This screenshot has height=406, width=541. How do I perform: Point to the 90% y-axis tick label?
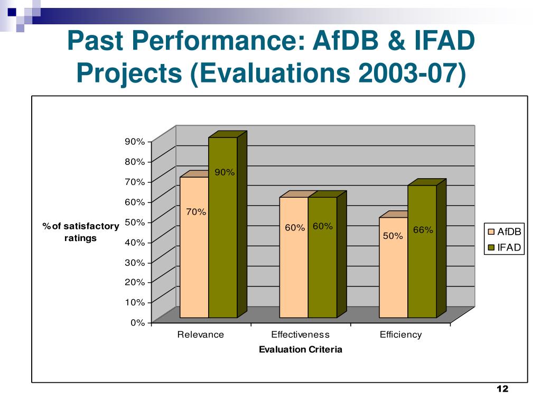click(x=135, y=142)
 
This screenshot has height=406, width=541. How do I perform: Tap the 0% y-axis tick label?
click(x=137, y=322)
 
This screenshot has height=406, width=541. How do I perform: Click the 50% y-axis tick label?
click(x=135, y=222)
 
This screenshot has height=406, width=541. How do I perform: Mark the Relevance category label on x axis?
click(x=200, y=335)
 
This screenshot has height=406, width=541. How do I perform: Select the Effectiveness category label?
click(x=300, y=335)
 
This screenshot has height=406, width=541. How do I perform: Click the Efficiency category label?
click(x=400, y=335)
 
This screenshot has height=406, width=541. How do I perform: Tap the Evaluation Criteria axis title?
click(x=300, y=349)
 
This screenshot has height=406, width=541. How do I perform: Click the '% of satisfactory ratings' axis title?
click(x=81, y=232)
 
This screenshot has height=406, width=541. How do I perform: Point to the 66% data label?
click(x=423, y=230)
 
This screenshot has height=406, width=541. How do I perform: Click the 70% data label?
click(x=195, y=212)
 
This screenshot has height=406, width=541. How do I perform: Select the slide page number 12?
click(x=502, y=390)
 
